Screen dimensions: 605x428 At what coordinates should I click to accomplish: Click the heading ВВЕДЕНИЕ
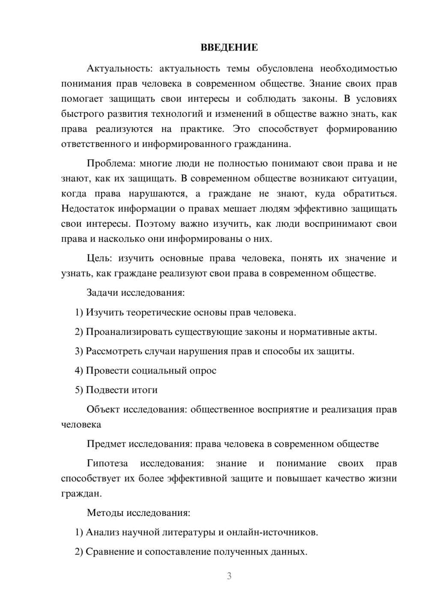[x=229, y=47]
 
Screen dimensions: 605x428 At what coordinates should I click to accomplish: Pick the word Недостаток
[x=88, y=209]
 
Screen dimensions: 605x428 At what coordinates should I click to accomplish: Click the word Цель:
[x=100, y=258]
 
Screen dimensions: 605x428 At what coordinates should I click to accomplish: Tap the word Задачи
[x=103, y=293]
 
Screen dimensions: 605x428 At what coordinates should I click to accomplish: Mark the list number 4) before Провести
[x=79, y=371]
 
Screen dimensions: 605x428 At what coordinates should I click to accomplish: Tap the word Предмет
[x=106, y=444]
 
